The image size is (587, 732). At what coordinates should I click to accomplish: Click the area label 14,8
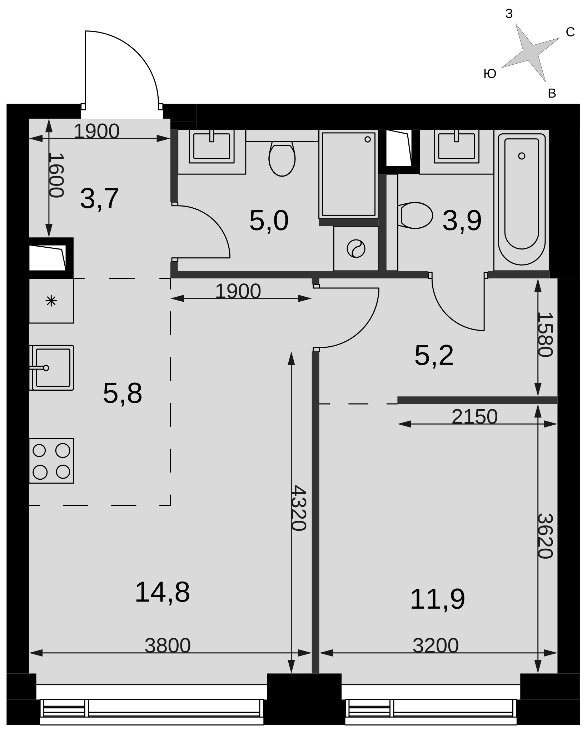point(162,592)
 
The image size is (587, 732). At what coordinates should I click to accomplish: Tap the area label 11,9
point(437,599)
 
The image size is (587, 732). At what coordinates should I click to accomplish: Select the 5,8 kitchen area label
point(123,394)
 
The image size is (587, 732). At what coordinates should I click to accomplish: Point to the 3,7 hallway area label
point(99,199)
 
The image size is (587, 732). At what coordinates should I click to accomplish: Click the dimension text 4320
point(298,508)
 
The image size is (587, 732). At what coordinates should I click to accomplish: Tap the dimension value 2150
point(474,417)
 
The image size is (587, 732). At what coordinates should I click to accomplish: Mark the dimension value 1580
point(545,335)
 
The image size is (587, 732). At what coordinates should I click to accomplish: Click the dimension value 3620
point(545,536)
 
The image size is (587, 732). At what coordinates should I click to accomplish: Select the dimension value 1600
point(56,175)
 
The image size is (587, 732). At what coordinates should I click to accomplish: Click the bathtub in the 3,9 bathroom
point(522,199)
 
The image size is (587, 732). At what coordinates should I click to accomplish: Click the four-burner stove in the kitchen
point(51,461)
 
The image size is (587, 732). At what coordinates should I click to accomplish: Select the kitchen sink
point(53,367)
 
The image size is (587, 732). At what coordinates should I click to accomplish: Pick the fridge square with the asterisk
point(51,301)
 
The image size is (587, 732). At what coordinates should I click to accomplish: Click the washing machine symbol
point(356,248)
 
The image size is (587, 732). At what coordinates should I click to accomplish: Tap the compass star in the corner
point(530,53)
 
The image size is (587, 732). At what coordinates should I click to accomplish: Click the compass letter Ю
point(490,74)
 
